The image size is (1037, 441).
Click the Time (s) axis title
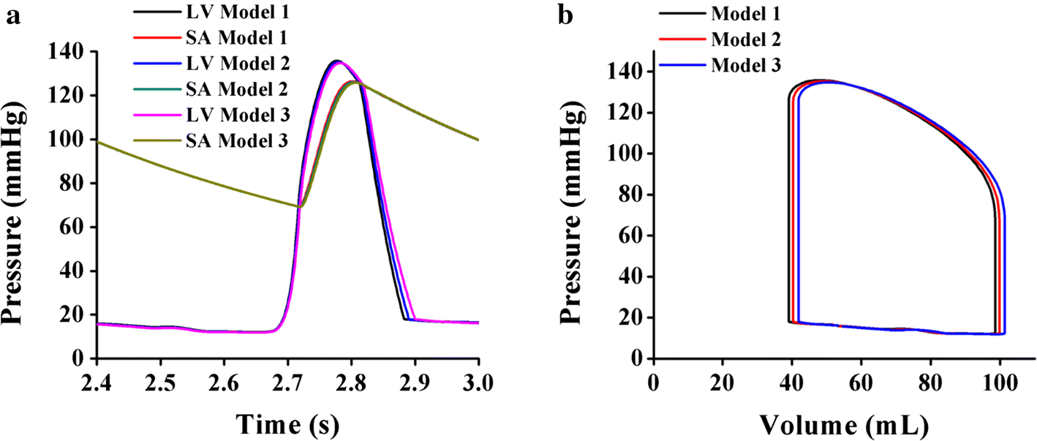pyautogui.click(x=287, y=423)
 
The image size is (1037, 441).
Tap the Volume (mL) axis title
pyautogui.click(x=843, y=423)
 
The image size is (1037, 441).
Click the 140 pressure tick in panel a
pyautogui.click(x=69, y=52)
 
